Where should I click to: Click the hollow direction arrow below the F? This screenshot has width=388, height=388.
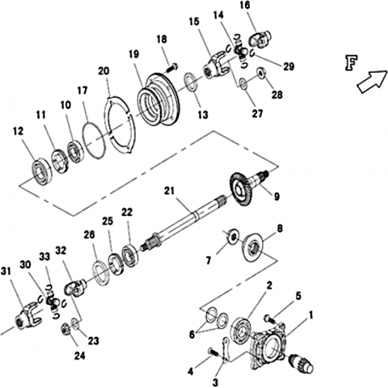click(372, 82)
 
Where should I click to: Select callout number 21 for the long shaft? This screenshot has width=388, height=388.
click(170, 191)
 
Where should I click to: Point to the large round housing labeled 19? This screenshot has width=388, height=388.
click(158, 100)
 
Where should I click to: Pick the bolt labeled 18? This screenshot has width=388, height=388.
click(172, 67)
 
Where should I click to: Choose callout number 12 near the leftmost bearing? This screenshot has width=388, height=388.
click(19, 132)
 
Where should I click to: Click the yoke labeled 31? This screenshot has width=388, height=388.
click(29, 315)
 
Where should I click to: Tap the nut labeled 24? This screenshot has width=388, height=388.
click(66, 328)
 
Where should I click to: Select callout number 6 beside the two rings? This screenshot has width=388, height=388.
click(192, 335)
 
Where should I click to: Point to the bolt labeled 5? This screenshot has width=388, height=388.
click(269, 318)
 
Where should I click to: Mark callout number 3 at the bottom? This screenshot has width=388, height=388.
click(216, 382)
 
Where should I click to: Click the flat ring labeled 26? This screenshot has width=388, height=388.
click(101, 272)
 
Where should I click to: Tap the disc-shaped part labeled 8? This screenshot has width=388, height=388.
click(254, 247)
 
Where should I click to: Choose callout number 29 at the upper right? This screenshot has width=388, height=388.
click(289, 66)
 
